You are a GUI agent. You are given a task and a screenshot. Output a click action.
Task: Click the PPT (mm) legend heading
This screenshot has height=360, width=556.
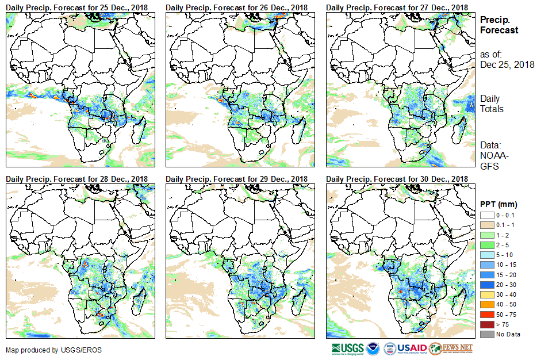point(499,204)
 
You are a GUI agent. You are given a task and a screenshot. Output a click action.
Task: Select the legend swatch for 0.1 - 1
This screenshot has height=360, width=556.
point(487,225)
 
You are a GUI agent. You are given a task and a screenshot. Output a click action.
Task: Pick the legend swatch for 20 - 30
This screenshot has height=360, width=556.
point(487,285)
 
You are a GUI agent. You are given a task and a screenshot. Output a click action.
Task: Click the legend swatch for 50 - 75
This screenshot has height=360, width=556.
point(487,315)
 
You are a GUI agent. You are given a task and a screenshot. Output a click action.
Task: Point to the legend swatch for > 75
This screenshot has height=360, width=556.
point(487,324)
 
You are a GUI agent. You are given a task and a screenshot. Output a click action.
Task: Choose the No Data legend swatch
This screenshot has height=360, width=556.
point(487,334)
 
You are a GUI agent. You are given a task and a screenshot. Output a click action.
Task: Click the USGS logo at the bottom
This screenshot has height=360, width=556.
point(348,348)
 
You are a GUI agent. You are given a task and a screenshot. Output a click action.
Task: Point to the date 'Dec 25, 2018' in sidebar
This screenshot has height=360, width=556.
point(507,65)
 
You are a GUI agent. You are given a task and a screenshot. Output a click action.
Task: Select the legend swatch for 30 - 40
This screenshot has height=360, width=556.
point(487,294)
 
